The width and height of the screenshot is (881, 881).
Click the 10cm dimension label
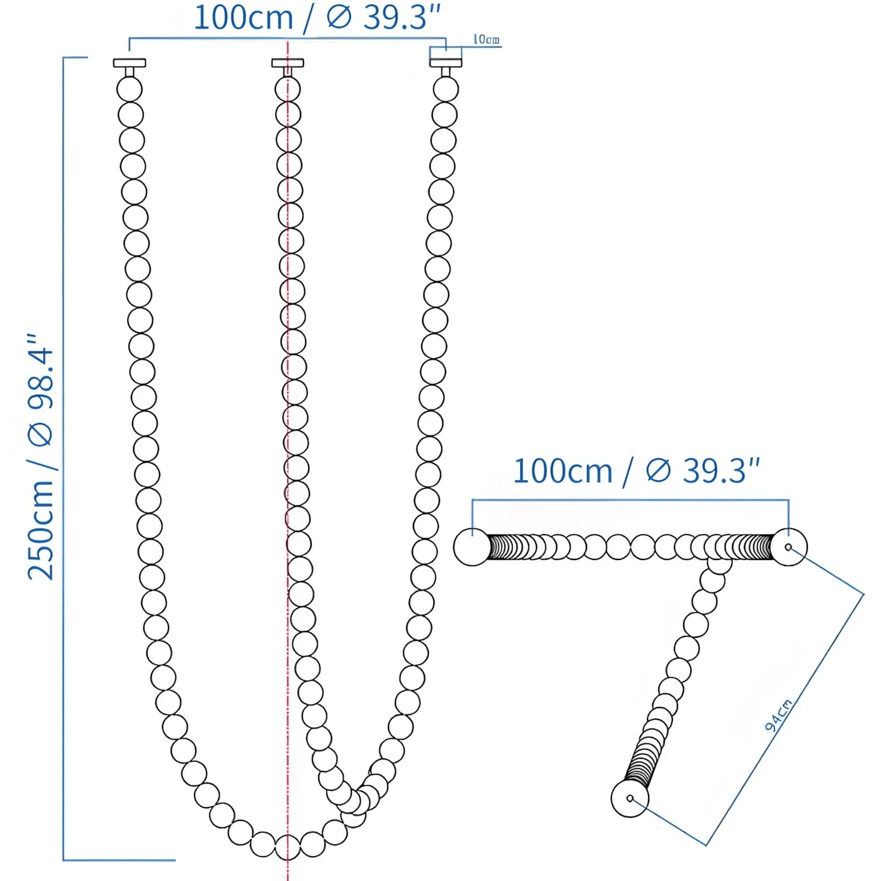[486, 40]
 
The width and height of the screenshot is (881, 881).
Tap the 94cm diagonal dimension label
[778, 716]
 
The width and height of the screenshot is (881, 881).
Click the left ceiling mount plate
[129, 63]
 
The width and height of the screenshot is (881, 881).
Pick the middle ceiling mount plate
[287, 63]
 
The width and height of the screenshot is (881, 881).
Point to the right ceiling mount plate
[445, 63]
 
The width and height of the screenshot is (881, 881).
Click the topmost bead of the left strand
[129, 89]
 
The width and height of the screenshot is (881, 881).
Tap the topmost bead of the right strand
[445, 89]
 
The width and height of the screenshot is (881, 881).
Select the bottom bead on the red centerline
[287, 847]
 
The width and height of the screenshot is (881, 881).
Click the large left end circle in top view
[472, 547]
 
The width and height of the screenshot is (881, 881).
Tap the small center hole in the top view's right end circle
[788, 547]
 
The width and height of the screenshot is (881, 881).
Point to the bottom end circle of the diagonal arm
[630, 798]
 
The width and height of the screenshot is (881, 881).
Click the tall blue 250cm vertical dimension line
[63, 457]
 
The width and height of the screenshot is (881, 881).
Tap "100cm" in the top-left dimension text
[243, 18]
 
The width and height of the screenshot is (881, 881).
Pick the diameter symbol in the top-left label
[339, 18]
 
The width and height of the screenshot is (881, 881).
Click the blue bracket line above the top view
[630, 500]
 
